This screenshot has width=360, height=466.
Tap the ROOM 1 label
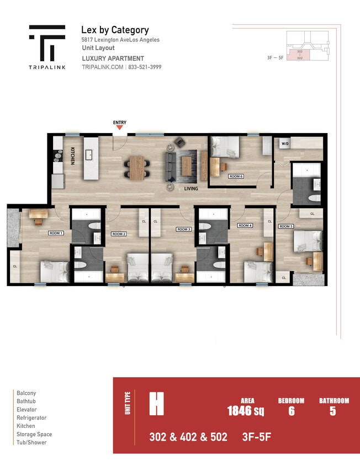click(56, 233)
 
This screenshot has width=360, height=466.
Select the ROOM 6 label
click(236, 176)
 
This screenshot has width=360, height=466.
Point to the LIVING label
click(191, 188)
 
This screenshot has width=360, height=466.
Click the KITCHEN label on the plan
click(72, 156)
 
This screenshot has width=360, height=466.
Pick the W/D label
click(285, 144)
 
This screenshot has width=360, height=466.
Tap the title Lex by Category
click(115, 30)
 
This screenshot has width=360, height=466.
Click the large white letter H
click(156, 404)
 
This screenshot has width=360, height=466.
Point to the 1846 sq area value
click(245, 411)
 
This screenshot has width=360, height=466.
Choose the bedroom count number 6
click(290, 411)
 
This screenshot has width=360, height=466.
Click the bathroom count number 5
click(333, 411)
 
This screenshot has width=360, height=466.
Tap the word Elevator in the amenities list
click(27, 410)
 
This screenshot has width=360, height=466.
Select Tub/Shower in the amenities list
click(31, 442)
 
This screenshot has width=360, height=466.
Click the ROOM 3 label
click(184, 229)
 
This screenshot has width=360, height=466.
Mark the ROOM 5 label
click(285, 226)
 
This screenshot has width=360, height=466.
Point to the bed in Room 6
click(225, 147)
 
